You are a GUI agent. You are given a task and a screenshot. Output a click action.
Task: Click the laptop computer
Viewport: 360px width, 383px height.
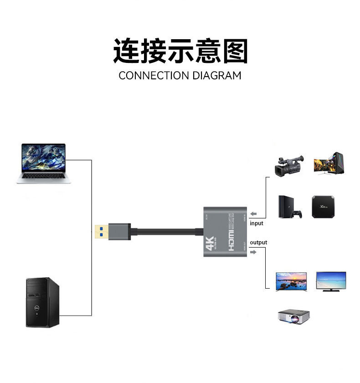coord(43,163)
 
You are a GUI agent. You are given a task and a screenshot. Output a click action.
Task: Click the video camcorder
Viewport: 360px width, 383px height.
coord(289,165)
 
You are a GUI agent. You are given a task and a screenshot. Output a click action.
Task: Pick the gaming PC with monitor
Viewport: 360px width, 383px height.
coord(328,163)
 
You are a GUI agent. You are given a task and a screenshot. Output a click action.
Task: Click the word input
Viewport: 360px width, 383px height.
coord(257,223)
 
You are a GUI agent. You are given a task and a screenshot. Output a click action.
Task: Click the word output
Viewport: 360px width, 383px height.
coord(258,242)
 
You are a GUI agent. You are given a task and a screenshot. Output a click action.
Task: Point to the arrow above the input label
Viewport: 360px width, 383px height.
coord(254,214)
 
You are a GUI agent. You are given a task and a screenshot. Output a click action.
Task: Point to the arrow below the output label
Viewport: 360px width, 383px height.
coord(254,252)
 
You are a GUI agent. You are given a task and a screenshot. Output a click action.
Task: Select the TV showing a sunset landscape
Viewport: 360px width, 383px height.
coord(291,281)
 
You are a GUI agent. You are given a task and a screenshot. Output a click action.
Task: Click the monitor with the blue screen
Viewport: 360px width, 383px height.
coord(331,280)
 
